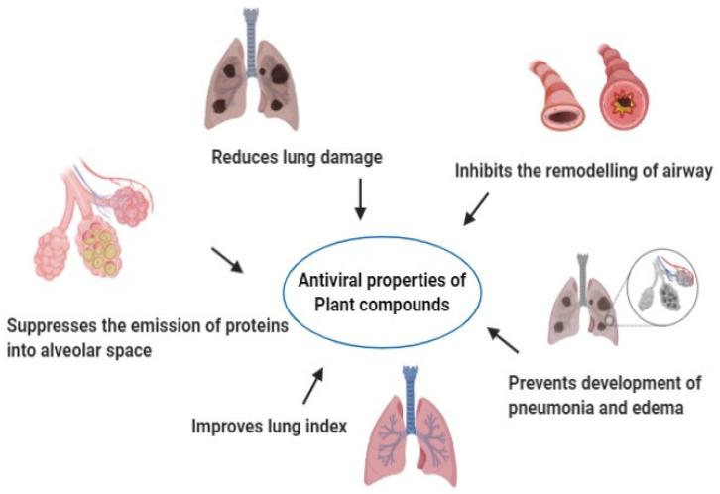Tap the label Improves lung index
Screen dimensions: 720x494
[267, 428]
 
